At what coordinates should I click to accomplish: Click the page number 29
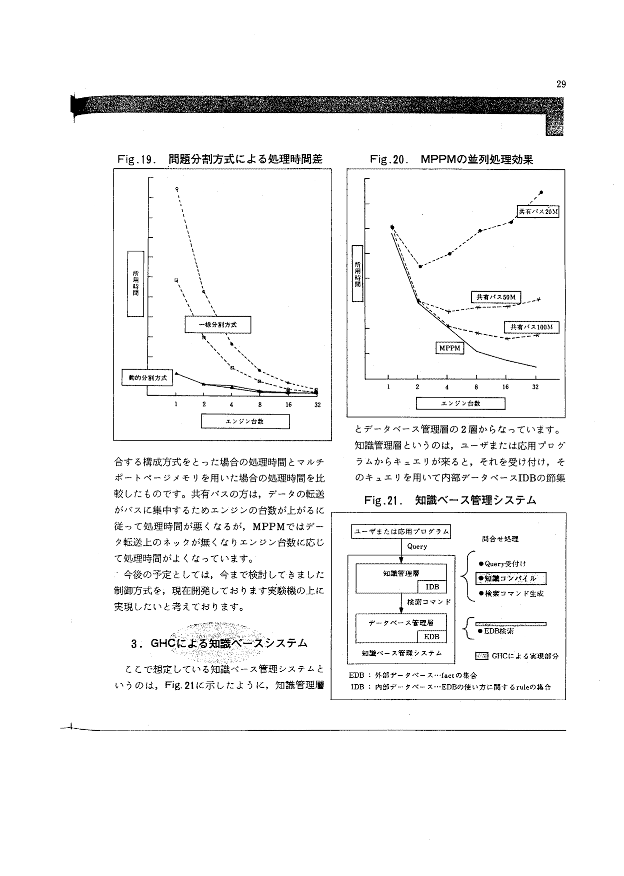tap(560, 84)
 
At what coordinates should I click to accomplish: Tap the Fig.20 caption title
tap(451, 160)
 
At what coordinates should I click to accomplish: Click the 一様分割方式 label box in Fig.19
tap(217, 325)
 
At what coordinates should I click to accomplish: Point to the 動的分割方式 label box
tap(147, 377)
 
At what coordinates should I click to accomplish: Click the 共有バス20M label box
tap(537, 212)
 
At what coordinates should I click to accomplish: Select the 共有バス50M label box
tap(496, 297)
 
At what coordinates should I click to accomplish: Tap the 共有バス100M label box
tap(531, 327)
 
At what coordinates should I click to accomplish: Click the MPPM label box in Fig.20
tap(449, 348)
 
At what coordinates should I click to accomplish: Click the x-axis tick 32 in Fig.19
tap(317, 405)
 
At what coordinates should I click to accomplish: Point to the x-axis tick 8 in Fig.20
tap(476, 387)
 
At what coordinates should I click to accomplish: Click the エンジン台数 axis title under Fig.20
tap(460, 404)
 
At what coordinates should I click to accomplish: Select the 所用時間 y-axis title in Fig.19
tap(135, 284)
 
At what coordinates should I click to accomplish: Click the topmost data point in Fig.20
tap(541, 192)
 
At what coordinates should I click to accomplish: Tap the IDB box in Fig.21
tap(432, 587)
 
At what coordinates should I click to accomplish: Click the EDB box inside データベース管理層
tap(431, 637)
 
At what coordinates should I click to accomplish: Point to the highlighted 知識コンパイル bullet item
tap(511, 578)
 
